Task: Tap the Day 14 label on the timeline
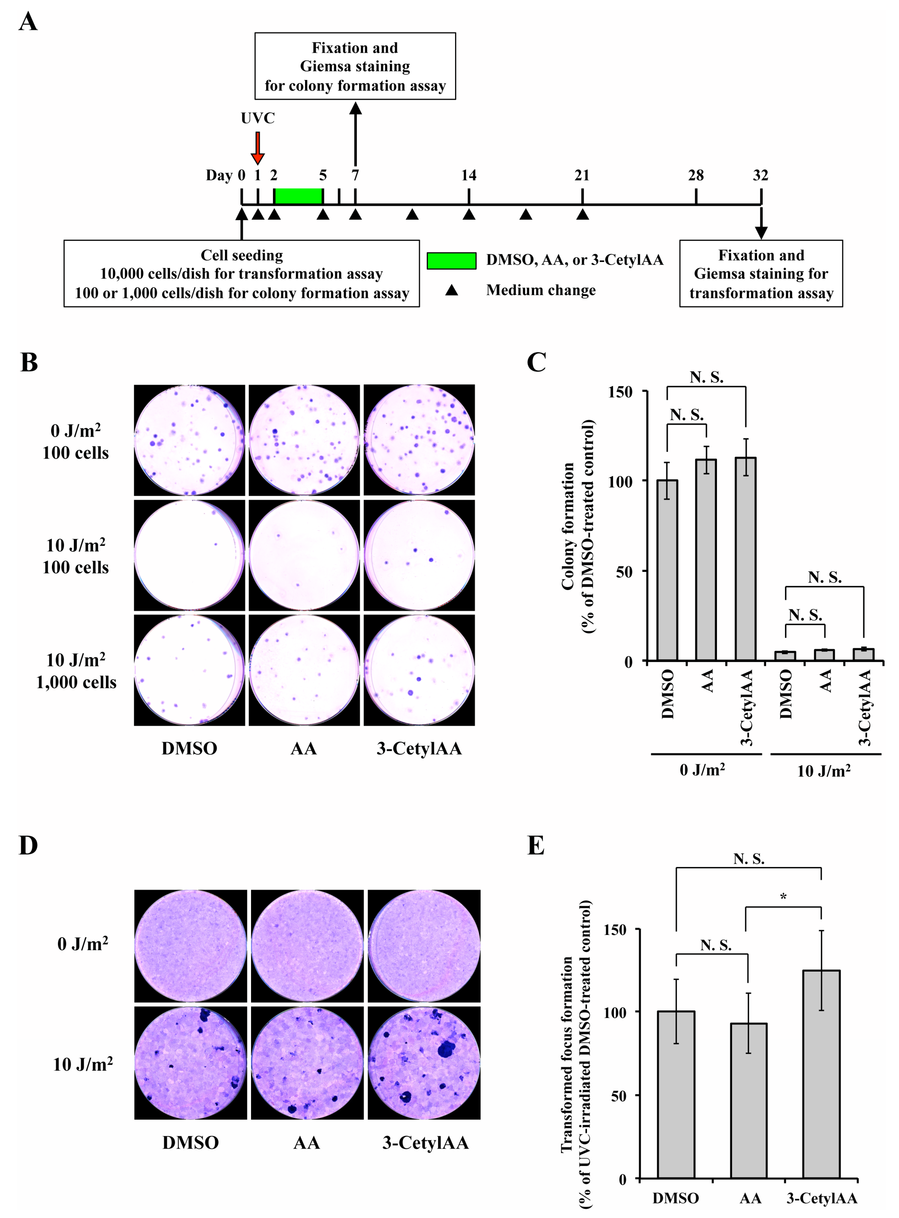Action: click(469, 175)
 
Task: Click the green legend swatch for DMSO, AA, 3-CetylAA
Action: click(451, 261)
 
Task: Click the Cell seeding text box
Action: click(242, 274)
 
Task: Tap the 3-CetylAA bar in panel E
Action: click(821, 1074)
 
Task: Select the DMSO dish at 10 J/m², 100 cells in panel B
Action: click(189, 555)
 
